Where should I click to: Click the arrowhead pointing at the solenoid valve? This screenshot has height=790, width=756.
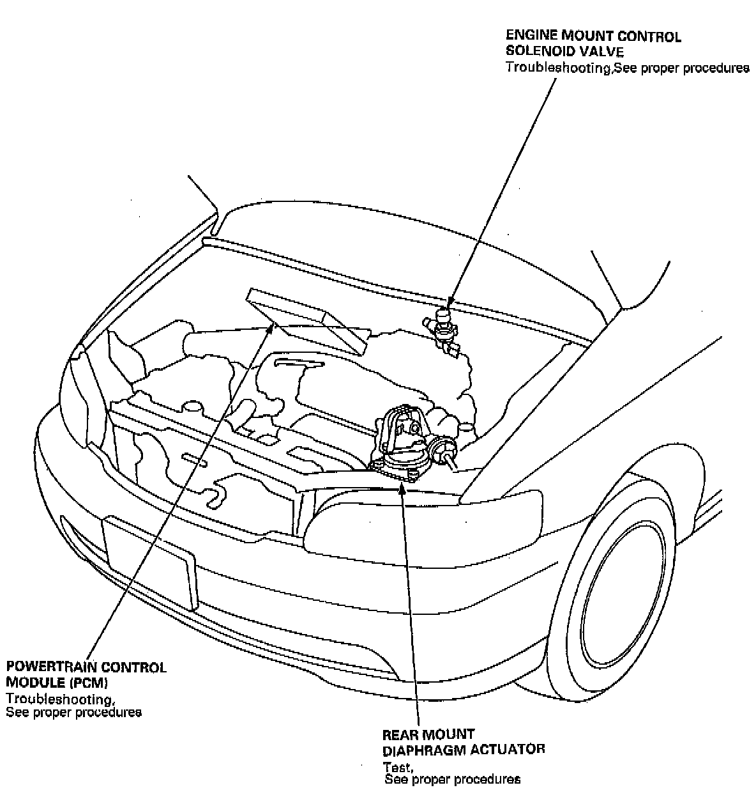coord(450,300)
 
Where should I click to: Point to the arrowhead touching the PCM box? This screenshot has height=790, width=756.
coord(271,329)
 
